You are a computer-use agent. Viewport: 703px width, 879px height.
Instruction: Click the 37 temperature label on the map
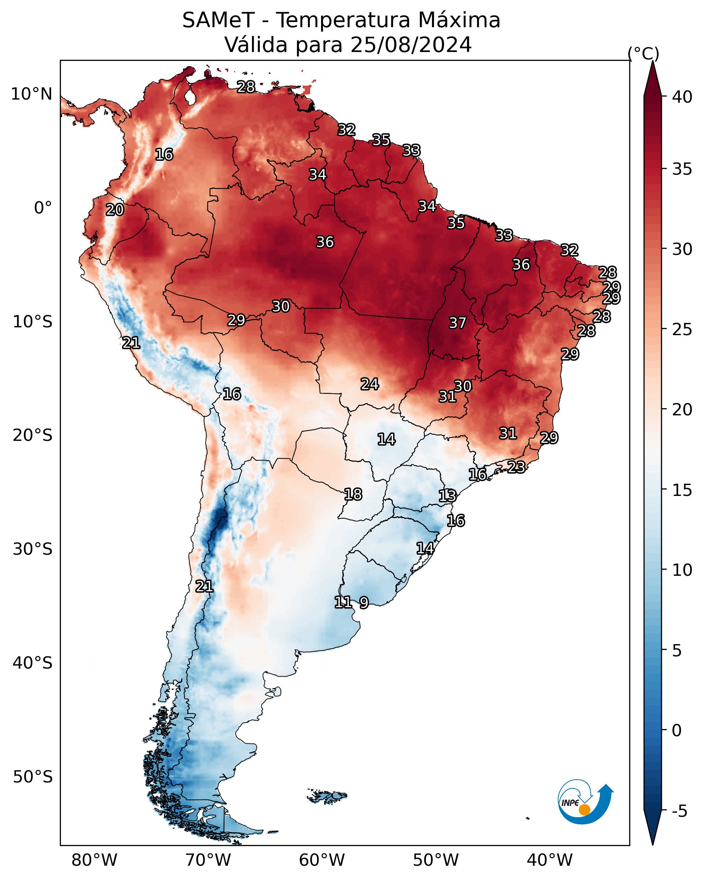(x=457, y=323)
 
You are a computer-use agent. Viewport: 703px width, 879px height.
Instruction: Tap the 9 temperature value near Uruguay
(x=364, y=602)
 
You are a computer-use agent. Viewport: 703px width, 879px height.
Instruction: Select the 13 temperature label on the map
(x=447, y=496)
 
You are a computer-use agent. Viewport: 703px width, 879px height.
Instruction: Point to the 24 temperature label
(x=370, y=384)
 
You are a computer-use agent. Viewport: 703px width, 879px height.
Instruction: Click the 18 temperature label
(x=353, y=495)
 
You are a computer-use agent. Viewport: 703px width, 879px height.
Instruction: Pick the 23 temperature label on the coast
(x=516, y=467)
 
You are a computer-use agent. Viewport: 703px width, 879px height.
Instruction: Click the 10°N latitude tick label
(x=31, y=94)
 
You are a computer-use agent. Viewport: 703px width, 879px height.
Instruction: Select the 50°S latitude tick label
(x=33, y=777)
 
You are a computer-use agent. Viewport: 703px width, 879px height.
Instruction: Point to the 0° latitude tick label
(x=43, y=208)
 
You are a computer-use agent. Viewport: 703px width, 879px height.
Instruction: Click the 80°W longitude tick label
(x=94, y=860)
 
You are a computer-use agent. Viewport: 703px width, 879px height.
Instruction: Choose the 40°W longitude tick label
(x=550, y=860)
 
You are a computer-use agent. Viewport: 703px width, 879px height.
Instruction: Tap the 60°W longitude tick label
(x=322, y=860)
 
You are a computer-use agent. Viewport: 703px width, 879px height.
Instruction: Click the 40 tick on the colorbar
(x=682, y=97)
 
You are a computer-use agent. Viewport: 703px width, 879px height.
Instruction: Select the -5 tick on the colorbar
(x=679, y=811)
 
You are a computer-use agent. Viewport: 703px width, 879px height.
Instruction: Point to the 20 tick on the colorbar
(x=682, y=409)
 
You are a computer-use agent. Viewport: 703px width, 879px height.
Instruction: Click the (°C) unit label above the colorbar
(x=643, y=53)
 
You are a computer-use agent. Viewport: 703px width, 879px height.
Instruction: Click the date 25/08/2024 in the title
(x=411, y=45)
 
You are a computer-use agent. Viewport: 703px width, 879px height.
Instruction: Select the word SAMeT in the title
(x=218, y=20)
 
